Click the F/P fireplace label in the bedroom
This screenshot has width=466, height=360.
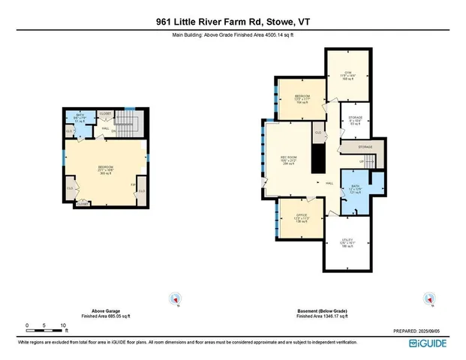(x=133, y=183)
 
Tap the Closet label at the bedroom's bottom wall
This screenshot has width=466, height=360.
(x=83, y=203)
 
